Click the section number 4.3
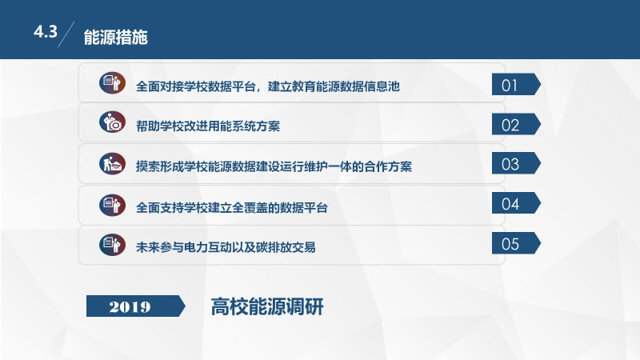tap(46, 32)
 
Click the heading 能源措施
tap(116, 35)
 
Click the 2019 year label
tap(130, 306)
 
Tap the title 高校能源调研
tap(267, 306)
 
